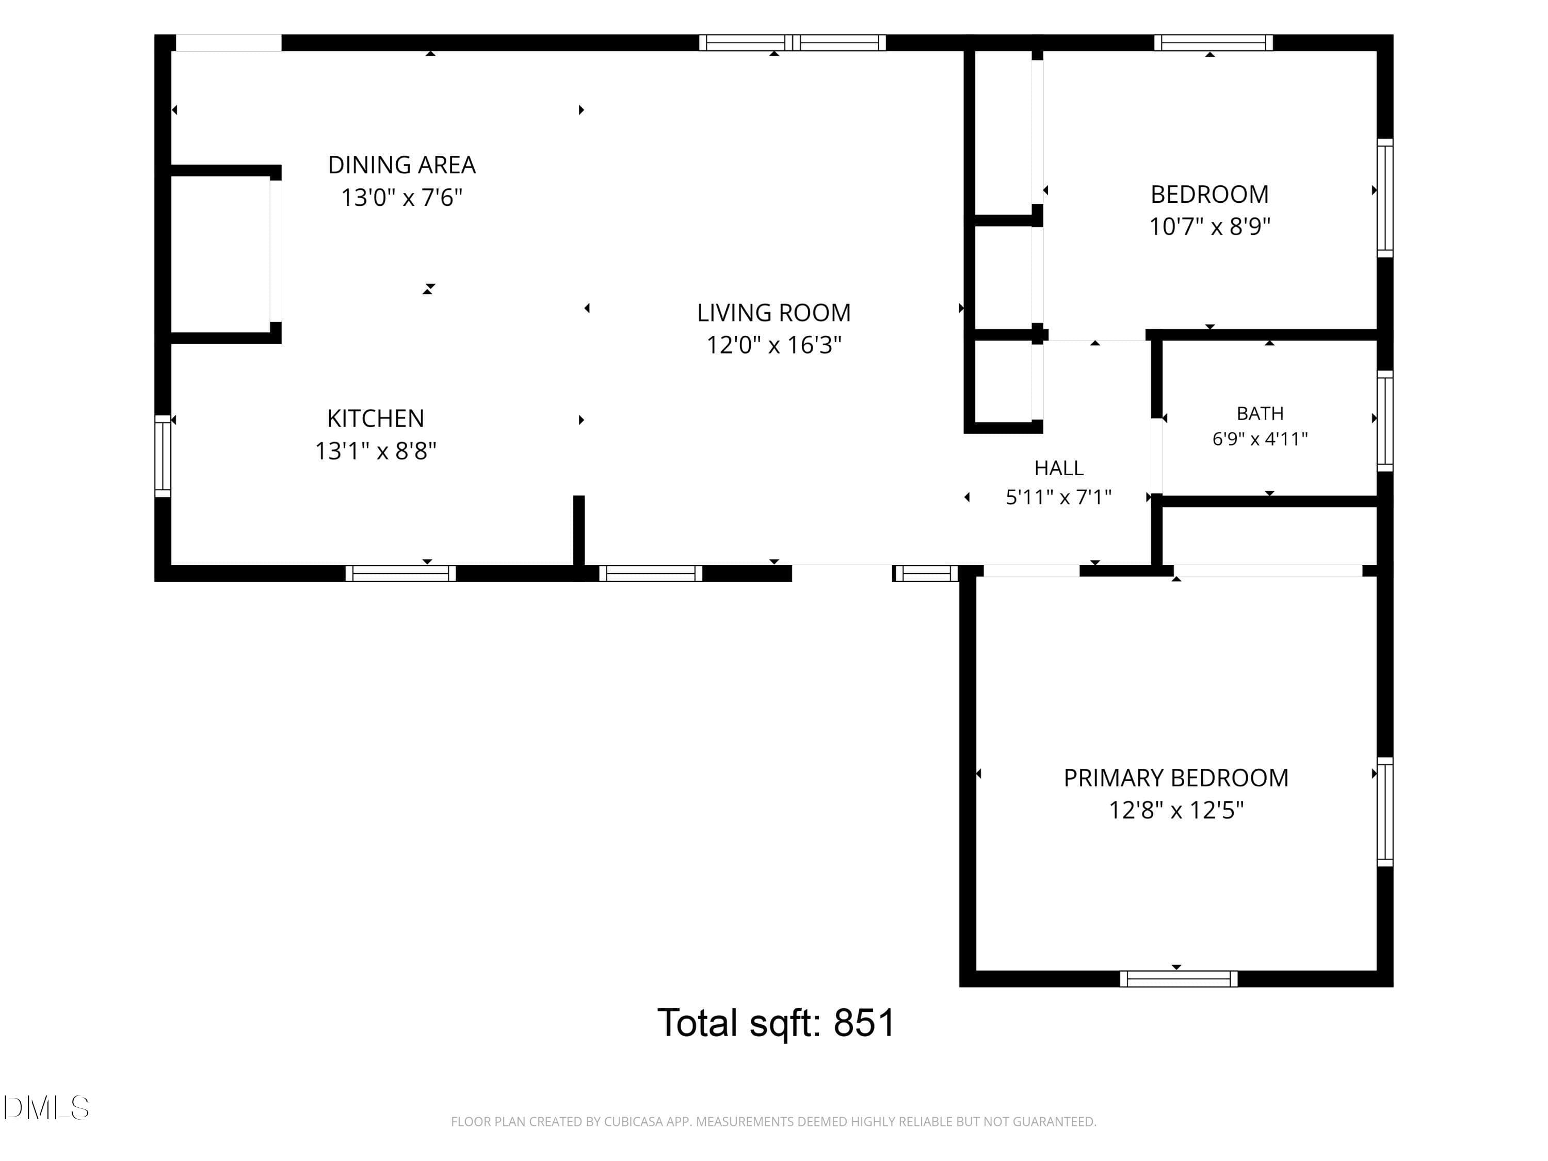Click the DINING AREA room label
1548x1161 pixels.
point(401,165)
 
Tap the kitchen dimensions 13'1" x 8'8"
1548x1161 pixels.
point(376,450)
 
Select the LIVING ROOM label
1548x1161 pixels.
point(774,313)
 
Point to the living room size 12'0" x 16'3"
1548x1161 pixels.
point(774,345)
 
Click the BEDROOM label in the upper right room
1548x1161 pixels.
point(1210,195)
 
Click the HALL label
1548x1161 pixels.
point(1059,467)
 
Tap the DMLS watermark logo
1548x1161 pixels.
point(46,1108)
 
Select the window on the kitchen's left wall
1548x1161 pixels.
point(163,456)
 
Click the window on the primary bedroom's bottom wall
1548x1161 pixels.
point(1179,978)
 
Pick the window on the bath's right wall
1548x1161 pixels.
point(1385,421)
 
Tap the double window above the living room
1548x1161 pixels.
point(793,43)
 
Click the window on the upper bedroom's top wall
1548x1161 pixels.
point(1214,43)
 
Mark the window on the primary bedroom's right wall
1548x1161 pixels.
point(1385,812)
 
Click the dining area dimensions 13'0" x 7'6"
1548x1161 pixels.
point(401,197)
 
